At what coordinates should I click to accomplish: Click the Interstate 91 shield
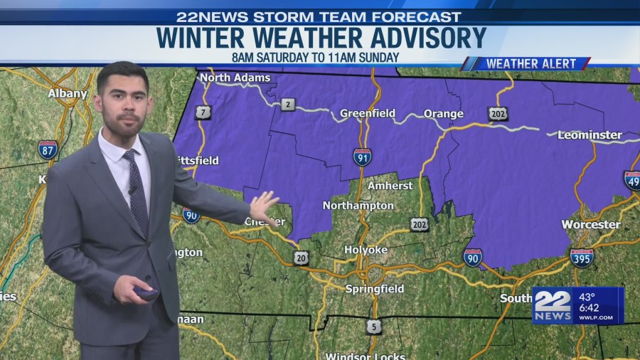(x=362, y=157)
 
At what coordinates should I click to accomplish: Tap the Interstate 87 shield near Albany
(x=48, y=149)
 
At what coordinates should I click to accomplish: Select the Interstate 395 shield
(x=582, y=258)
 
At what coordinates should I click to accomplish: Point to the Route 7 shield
(x=203, y=112)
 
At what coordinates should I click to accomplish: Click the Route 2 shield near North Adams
(x=287, y=105)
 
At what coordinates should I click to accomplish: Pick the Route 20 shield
(x=301, y=258)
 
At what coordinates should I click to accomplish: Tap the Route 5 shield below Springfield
(x=374, y=327)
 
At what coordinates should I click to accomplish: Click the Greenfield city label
(x=368, y=113)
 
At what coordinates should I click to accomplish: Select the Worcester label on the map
(x=590, y=224)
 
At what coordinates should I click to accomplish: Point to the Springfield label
(x=374, y=289)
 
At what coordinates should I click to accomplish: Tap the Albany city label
(x=68, y=93)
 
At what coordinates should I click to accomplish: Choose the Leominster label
(x=590, y=134)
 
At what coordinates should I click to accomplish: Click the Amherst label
(x=390, y=186)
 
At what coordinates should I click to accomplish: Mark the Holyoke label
(x=366, y=250)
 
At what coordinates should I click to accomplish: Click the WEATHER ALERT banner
(x=526, y=64)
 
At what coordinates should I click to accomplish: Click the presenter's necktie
(x=136, y=189)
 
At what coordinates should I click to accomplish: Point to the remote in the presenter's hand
(x=147, y=292)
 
